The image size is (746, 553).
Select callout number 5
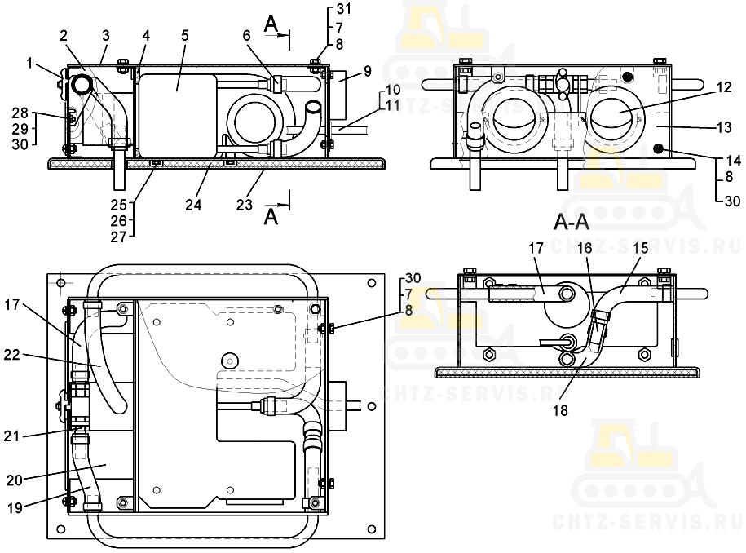tap(185, 37)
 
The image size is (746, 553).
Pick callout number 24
tap(193, 204)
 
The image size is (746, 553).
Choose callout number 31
tap(341, 9)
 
